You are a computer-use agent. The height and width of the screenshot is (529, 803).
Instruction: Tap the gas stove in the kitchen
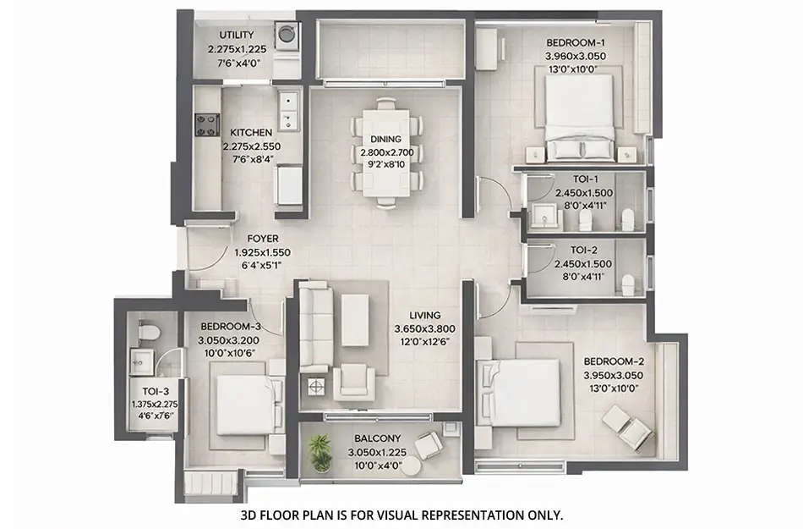[x=207, y=124]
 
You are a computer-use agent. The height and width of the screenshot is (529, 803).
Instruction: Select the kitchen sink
[x=288, y=109]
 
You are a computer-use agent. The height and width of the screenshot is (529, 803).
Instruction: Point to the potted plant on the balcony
[x=320, y=452]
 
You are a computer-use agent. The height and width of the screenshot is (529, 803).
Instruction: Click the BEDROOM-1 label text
[x=576, y=41]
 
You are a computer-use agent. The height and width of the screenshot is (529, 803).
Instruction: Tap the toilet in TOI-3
[x=146, y=331]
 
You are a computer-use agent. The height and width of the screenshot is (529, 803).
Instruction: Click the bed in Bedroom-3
[x=247, y=403]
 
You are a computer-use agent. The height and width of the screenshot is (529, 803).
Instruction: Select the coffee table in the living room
[x=354, y=319]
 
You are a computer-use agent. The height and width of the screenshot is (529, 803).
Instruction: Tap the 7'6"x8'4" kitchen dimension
[x=251, y=158]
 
